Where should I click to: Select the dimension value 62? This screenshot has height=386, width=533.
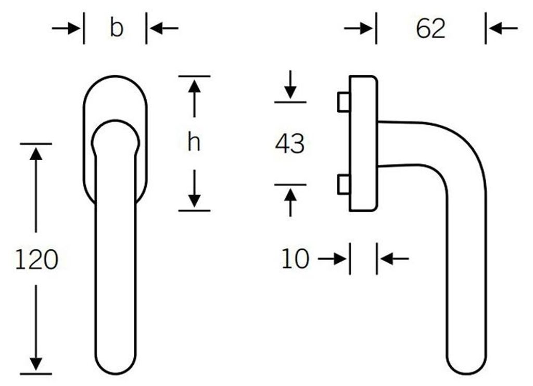pos(430,29)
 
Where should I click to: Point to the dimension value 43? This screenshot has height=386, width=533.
pos(289,144)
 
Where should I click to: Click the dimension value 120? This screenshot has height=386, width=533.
pos(37,259)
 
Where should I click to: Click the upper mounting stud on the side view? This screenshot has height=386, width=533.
pos(344,102)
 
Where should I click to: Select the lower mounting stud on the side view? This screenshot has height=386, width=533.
pos(344,185)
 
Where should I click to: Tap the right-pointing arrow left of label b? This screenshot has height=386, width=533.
pos(66,28)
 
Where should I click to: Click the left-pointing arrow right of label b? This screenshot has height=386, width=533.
pos(163,28)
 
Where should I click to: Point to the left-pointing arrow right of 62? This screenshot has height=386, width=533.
pos(503,28)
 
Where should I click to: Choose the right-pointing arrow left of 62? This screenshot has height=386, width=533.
pos(359,28)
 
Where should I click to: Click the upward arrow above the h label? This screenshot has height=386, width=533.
pos(194,98)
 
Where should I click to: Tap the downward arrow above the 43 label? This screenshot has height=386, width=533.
pos(290,85)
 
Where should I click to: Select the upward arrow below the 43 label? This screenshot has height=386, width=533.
pos(290,202)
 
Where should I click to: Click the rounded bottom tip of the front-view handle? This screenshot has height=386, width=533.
pos(116,374)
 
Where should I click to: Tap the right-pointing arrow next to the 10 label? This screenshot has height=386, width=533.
pos(333,259)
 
